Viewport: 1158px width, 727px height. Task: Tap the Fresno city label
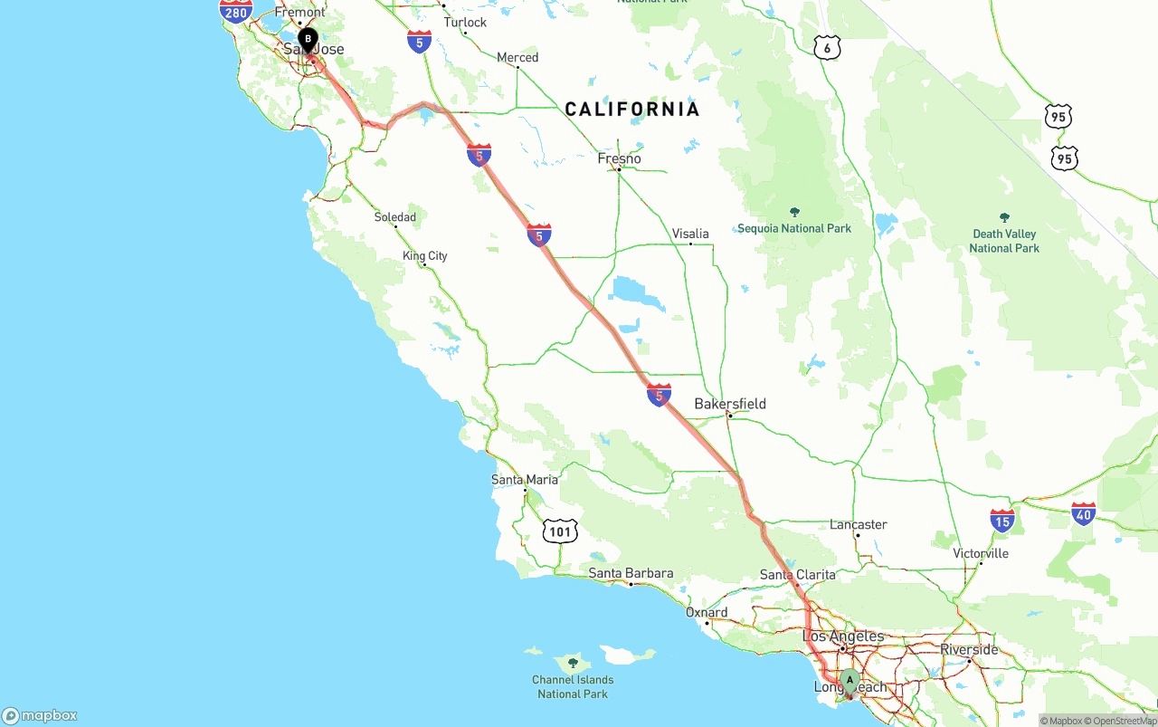coord(620,159)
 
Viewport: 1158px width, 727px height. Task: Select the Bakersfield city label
coord(730,404)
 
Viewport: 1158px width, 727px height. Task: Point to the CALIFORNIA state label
coord(632,110)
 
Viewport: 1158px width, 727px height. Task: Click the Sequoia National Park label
coord(794,228)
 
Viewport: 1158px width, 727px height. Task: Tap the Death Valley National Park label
coord(1004,241)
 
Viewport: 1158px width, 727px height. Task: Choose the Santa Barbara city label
coord(631,573)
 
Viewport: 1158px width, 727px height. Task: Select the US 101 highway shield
coord(560,531)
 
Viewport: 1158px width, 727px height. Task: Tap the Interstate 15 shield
coord(1001,520)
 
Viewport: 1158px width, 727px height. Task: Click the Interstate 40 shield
coord(1083,513)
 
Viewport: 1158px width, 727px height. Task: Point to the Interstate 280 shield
coord(235,10)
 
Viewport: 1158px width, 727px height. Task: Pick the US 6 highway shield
coord(827,48)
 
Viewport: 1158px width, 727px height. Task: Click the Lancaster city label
coord(858,525)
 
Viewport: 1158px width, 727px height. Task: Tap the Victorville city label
coord(981,553)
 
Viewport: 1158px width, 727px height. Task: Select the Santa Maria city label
coord(525,480)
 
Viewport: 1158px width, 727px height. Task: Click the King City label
coord(425,256)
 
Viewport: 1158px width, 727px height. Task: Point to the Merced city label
coord(517,58)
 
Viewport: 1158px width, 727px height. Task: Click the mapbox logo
coord(40,715)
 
